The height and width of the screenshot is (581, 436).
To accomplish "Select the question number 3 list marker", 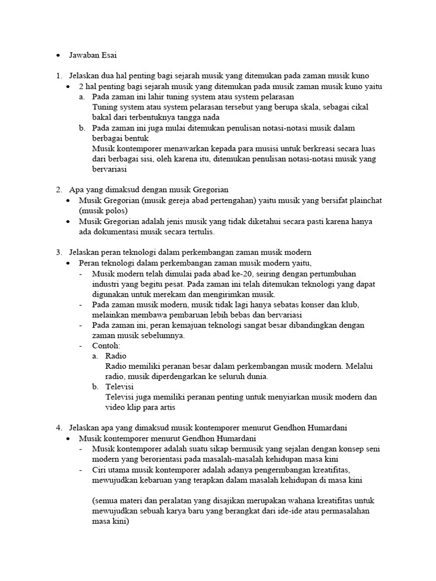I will pyautogui.click(x=59, y=252).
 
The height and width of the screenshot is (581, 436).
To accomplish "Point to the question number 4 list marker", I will pyautogui.click(x=59, y=427).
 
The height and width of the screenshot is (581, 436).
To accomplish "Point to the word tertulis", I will pyautogui.click(x=202, y=231).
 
